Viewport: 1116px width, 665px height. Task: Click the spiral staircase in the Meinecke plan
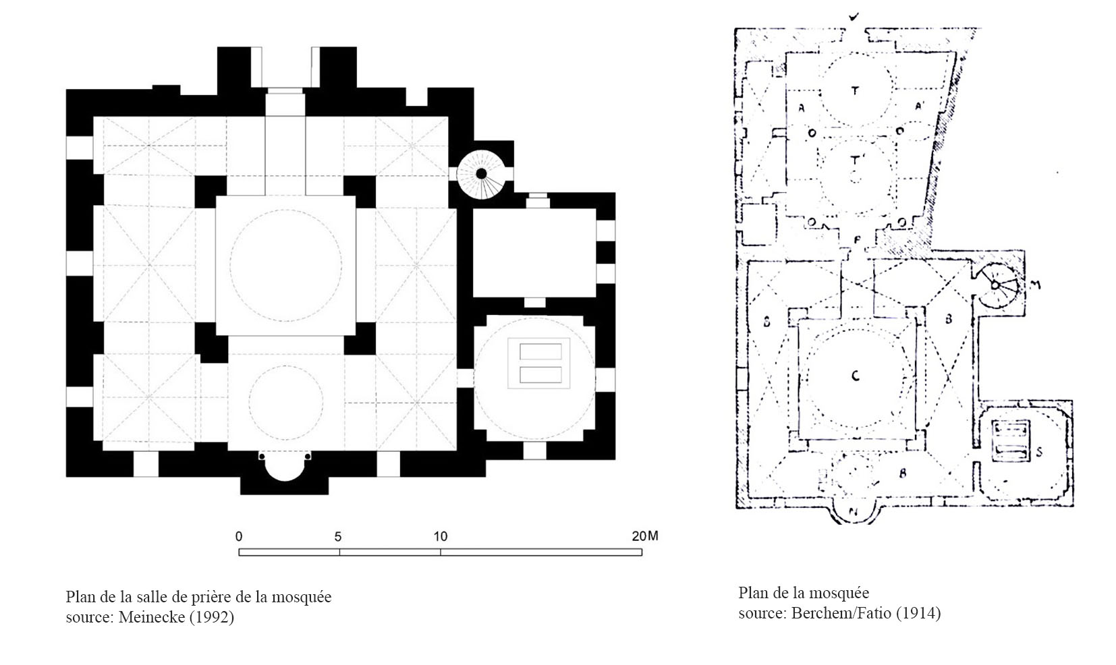coord(481,175)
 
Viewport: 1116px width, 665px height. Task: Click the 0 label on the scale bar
coord(239,536)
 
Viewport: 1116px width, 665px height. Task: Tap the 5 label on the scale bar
coord(338,537)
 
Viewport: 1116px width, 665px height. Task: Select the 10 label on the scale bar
coord(441,536)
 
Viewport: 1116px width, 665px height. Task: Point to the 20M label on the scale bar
coord(644,536)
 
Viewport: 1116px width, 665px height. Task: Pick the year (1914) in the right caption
coord(918,612)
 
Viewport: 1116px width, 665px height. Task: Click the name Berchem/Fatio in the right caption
coord(841,612)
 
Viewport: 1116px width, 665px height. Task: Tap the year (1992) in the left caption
coord(211,617)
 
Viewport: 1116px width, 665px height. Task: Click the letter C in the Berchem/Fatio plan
coord(856,376)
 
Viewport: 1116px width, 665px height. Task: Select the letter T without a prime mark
coord(855,90)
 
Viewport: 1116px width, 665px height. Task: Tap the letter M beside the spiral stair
coord(1035,285)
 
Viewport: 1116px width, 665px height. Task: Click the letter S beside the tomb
coord(1039,453)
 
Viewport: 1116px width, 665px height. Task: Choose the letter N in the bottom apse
coord(854,511)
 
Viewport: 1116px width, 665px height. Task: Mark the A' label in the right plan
coord(919,106)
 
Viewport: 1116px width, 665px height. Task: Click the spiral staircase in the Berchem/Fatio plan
coord(995,285)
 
